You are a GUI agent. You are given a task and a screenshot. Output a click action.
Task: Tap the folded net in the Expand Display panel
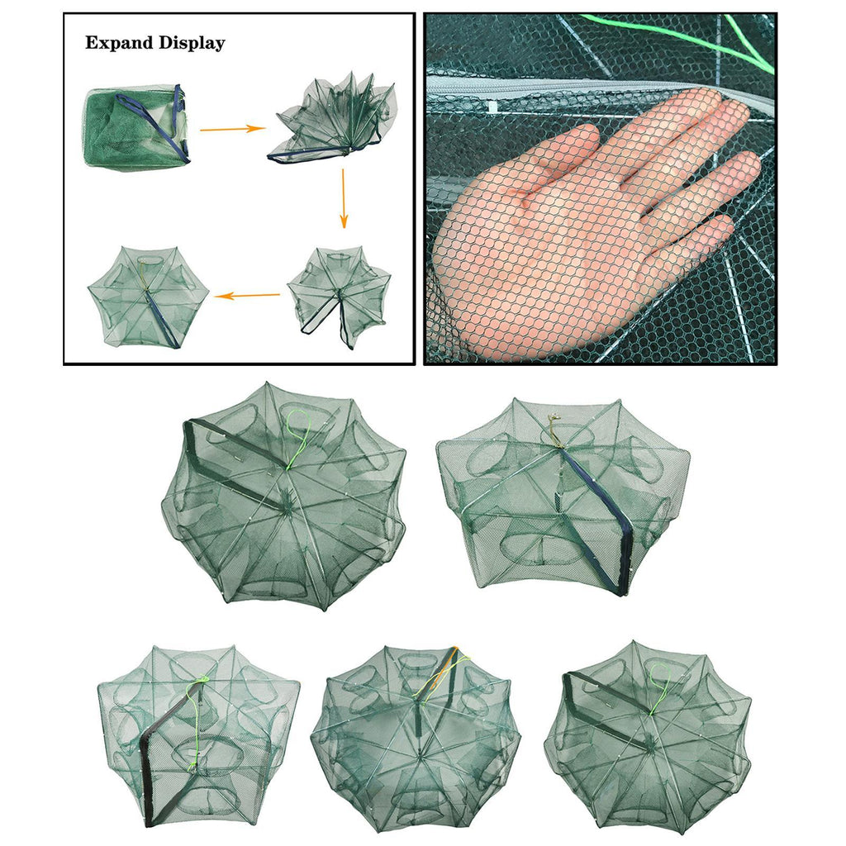point(138,128)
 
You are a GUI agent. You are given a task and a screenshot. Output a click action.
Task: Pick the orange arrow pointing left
point(247,295)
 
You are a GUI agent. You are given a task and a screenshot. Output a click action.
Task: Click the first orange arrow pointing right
point(232,129)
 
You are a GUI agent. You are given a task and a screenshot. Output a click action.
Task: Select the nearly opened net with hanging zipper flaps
point(339,297)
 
